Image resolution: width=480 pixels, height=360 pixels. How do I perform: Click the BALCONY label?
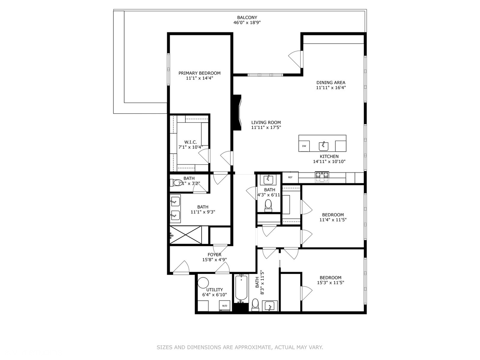247,18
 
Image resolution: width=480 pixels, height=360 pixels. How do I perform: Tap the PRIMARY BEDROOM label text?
199,73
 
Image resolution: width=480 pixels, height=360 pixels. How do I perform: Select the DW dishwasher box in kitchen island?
304,146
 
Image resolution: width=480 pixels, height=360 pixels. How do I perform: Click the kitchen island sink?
323,146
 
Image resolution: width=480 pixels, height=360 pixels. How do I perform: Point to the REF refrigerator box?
290,177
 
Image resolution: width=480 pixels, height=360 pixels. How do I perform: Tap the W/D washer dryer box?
225,306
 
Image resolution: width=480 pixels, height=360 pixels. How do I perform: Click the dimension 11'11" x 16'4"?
331,88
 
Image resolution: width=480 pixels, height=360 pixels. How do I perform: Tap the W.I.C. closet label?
190,142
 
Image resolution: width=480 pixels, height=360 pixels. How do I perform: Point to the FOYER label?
214,255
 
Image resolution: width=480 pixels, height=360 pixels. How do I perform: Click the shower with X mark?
186,235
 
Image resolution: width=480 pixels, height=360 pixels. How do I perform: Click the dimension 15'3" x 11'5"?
330,283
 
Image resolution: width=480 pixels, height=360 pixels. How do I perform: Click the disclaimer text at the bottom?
240,347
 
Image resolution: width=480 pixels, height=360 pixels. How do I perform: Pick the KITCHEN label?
329,156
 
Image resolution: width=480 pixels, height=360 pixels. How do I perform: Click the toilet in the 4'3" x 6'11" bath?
268,205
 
